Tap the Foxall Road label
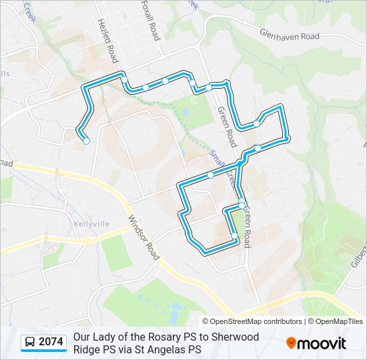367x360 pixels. [151, 21]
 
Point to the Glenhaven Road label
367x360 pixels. [290, 34]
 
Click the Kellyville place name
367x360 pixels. [92, 224]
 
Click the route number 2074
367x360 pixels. [51, 342]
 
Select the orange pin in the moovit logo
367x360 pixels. [291, 343]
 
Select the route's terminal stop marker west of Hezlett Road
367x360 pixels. [86, 141]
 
